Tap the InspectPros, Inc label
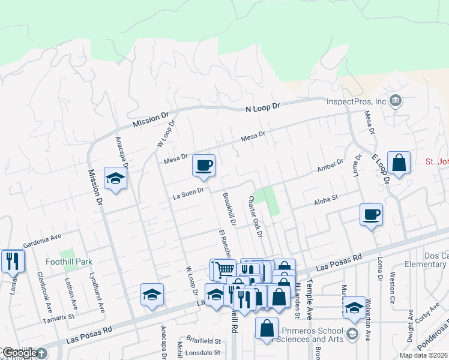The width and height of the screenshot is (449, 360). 356,101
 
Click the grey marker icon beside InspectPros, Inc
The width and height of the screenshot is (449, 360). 396,100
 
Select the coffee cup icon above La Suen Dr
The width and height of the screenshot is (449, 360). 203,165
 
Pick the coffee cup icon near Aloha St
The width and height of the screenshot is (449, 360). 372,214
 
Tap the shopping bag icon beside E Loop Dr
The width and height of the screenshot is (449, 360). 399,162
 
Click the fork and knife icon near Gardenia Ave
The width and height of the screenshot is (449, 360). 13,260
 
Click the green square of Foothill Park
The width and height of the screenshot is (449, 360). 67,253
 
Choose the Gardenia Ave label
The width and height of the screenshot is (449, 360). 43,243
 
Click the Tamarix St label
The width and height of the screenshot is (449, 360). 58,316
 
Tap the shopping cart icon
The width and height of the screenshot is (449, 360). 224,269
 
